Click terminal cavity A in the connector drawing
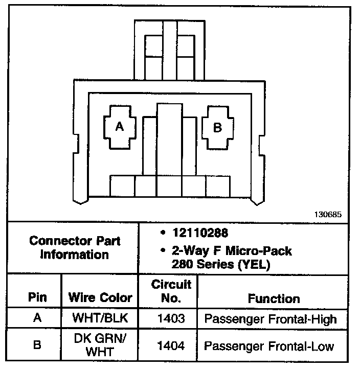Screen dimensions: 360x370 119,127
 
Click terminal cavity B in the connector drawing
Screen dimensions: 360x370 217,127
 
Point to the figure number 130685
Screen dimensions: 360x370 327,215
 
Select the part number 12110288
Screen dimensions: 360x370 196,234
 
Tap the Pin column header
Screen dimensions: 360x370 37,298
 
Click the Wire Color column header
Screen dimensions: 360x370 100,298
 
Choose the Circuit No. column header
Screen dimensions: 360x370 171,291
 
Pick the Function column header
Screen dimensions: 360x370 274,298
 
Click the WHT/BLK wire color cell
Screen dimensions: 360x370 100,319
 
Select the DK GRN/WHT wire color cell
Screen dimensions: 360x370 100,345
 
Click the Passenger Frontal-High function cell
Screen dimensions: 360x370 271,319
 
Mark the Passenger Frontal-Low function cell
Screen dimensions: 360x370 269,346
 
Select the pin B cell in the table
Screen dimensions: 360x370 37,345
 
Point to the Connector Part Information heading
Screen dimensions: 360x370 75,247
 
